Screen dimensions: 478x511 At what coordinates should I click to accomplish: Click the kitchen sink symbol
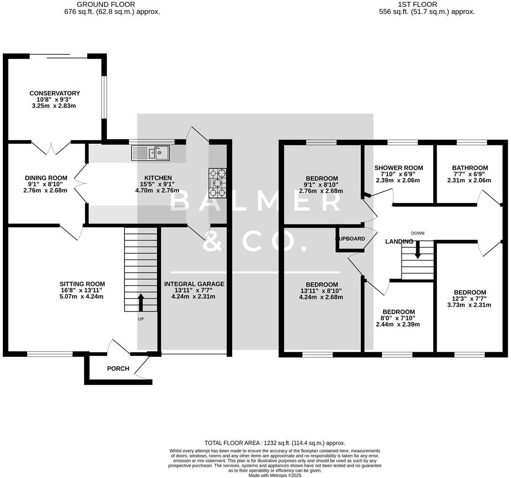150,153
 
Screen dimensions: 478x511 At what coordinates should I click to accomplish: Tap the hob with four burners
218,183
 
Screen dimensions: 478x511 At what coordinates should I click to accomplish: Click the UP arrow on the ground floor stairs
141,302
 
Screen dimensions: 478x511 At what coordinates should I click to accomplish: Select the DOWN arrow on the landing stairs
417,250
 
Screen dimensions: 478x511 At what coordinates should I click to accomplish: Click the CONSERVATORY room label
55,93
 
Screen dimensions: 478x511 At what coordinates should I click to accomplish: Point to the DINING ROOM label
46,178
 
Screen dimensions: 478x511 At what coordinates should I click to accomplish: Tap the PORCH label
118,369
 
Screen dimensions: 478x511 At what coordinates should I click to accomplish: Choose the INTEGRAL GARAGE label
194,284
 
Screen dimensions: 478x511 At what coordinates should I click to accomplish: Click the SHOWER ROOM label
398,168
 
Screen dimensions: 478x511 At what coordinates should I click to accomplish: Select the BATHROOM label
470,168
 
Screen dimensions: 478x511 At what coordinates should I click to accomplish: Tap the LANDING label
399,241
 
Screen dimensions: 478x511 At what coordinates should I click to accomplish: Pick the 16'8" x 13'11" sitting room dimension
82,290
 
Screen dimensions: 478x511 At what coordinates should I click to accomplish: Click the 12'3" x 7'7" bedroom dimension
470,299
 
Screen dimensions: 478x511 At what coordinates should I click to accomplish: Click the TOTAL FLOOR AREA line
275,442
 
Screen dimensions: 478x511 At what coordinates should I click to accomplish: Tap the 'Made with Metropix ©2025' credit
275,475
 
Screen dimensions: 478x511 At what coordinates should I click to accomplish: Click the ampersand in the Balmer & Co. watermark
212,241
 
